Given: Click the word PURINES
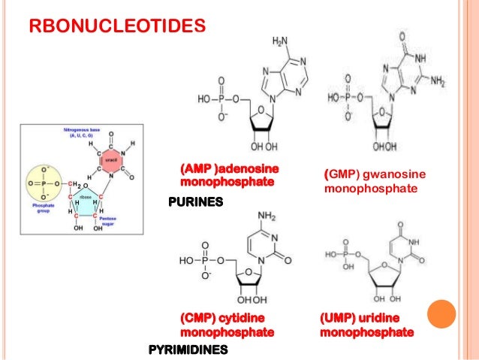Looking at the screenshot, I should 197,203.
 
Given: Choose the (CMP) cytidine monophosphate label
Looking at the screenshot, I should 225,325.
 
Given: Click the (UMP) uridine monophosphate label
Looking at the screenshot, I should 366,325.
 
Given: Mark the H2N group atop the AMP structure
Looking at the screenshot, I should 279,40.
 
